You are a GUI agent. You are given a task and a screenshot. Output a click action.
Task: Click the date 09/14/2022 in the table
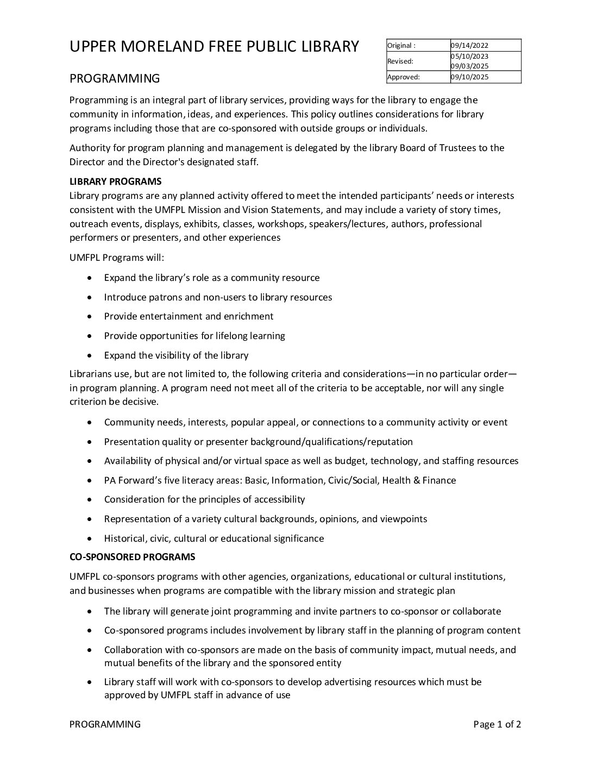pyautogui.click(x=470, y=46)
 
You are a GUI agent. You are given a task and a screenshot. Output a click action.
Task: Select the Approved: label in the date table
pyautogui.click(x=404, y=77)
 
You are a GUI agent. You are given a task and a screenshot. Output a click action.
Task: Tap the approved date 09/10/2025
pyautogui.click(x=470, y=77)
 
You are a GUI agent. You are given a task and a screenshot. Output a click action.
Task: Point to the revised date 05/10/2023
pyautogui.click(x=470, y=57)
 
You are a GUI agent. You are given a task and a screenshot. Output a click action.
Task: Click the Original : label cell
pyautogui.click(x=401, y=46)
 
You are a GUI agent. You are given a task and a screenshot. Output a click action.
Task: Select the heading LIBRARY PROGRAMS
pyautogui.click(x=115, y=181)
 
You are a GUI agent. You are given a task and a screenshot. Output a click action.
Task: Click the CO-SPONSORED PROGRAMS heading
pyautogui.click(x=132, y=557)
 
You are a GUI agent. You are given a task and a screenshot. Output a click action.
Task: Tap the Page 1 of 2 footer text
pyautogui.click(x=497, y=724)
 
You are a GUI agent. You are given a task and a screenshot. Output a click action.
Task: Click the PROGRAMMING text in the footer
pyautogui.click(x=105, y=724)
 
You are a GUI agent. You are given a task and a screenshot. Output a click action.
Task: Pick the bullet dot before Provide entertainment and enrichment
pyautogui.click(x=90, y=317)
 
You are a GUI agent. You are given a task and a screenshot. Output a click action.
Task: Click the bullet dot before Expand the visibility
pyautogui.click(x=90, y=356)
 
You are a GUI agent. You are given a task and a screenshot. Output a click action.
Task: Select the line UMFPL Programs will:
pyautogui.click(x=116, y=258)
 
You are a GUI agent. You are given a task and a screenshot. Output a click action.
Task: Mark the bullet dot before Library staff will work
pyautogui.click(x=90, y=682)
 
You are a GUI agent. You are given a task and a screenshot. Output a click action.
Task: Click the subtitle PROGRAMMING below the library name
pyautogui.click(x=115, y=78)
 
